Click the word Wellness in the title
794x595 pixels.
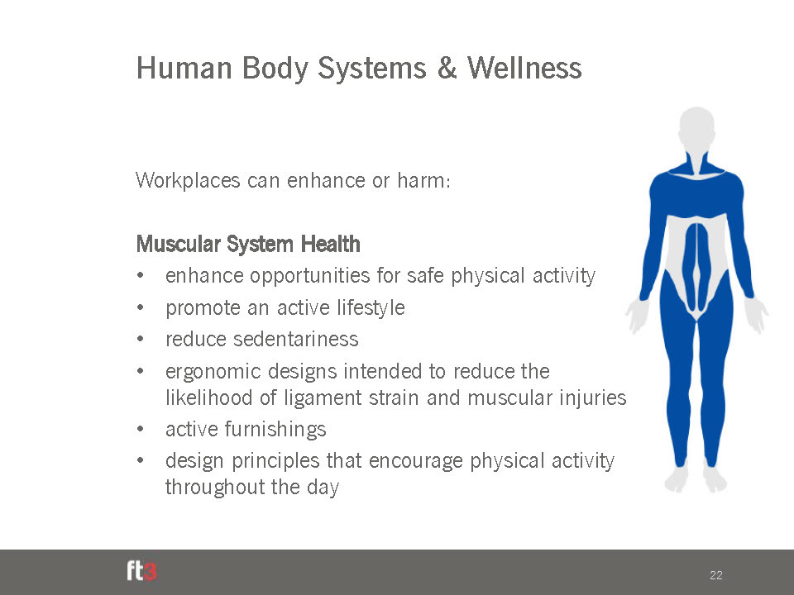[524, 68]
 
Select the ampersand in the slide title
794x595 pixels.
[446, 68]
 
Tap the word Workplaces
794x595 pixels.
[188, 181]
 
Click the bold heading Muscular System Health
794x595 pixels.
[248, 244]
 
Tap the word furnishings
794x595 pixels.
[275, 430]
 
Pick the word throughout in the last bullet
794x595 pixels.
[215, 488]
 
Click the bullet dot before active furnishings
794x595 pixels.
[141, 430]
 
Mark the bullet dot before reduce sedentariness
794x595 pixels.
[141, 339]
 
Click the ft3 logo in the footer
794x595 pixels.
[141, 572]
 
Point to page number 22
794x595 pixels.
[716, 575]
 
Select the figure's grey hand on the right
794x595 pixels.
[756, 315]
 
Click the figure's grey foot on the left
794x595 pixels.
[677, 479]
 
